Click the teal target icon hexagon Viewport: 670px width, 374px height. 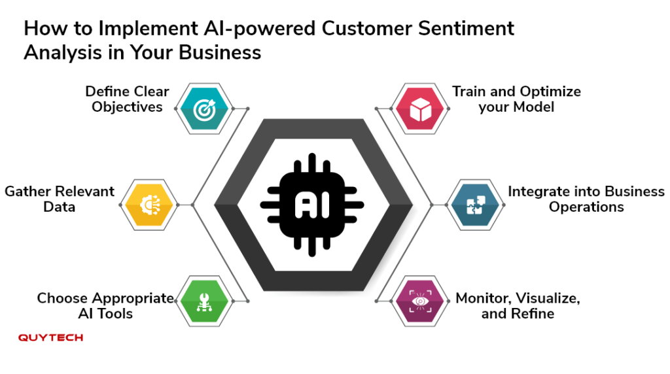(x=204, y=109)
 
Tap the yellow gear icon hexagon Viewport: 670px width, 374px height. (x=149, y=205)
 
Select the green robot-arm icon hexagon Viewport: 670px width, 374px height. (x=204, y=301)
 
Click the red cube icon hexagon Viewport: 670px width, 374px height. (x=420, y=109)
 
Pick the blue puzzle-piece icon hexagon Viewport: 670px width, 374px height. (x=475, y=205)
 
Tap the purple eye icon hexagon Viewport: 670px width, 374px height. (x=420, y=301)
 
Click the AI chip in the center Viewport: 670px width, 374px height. (x=312, y=205)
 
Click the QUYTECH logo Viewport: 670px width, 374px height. (x=50, y=337)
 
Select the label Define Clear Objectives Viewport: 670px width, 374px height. (x=127, y=99)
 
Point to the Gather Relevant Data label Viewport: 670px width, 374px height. (x=60, y=199)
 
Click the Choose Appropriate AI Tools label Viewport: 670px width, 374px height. (x=105, y=306)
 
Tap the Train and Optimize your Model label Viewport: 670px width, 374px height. (x=517, y=99)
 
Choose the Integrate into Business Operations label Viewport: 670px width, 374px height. (x=586, y=199)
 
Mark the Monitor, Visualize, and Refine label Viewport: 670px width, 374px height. (x=518, y=306)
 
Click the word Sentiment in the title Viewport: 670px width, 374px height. (x=466, y=29)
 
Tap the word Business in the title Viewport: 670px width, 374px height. (x=220, y=52)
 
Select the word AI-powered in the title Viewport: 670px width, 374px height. (x=259, y=29)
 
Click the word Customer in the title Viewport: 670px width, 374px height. (x=367, y=29)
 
